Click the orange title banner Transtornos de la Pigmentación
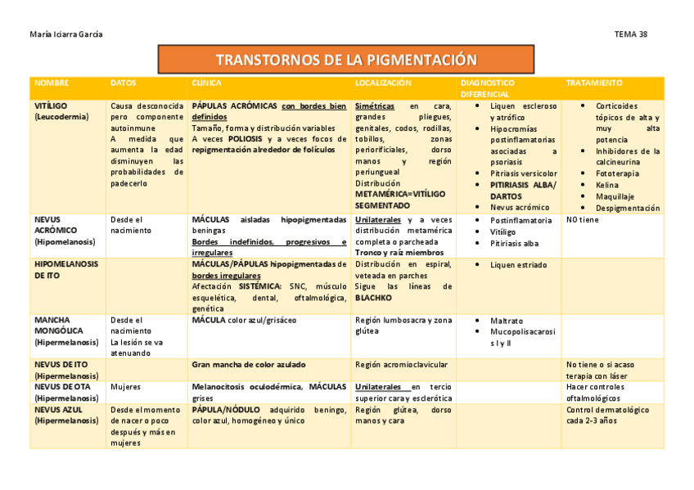tap(345, 61)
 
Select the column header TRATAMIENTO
tap(593, 83)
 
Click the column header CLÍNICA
tap(206, 83)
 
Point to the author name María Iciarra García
tap(66, 34)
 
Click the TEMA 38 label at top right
tap(630, 34)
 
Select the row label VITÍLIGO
tap(51, 106)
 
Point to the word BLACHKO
tap(374, 298)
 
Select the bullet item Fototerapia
tap(618, 173)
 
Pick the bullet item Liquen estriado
tap(518, 265)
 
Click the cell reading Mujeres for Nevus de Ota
tap(125, 387)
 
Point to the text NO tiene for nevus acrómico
tap(582, 219)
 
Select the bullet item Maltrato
tap(506, 321)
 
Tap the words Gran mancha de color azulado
tap(249, 364)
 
